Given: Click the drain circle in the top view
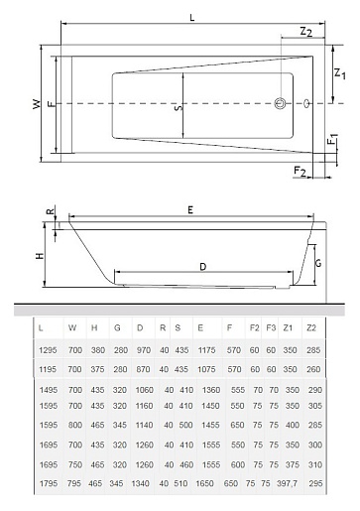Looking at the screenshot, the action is tap(280, 103).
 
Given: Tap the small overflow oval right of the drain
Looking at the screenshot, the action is tap(307, 103).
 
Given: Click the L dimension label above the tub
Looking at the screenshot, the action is tap(192, 18).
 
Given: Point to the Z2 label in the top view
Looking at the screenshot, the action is tap(306, 32).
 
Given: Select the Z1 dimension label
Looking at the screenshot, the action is tap(340, 73).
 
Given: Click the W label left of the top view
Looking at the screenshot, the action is tap(37, 104).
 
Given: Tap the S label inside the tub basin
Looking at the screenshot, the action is tap(179, 107).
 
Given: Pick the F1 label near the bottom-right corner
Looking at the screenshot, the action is tap(332, 139).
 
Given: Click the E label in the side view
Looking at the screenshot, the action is tap(190, 210).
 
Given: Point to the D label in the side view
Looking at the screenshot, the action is tap(203, 267).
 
